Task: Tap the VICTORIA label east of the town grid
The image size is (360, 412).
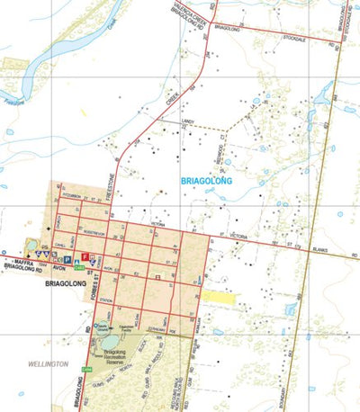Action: pos(238,236)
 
